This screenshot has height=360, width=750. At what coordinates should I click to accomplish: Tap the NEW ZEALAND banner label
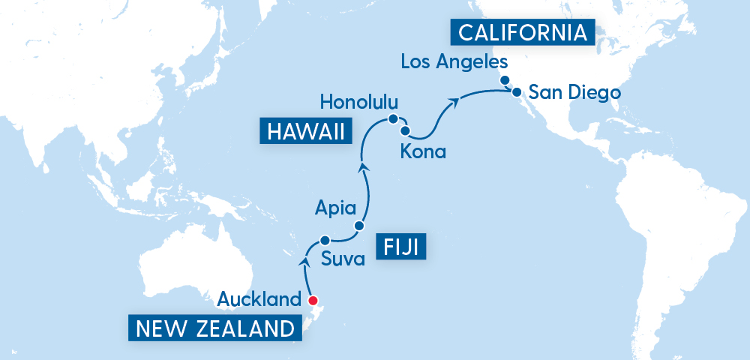point(214,328)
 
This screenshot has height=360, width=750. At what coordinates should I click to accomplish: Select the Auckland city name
point(259,301)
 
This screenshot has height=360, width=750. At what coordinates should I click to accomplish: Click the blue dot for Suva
point(325,241)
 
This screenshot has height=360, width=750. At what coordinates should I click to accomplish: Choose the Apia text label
point(331,208)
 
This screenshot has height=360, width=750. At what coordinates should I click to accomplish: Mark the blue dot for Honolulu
point(391,119)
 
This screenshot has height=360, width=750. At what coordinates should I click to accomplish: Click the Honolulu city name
point(358,101)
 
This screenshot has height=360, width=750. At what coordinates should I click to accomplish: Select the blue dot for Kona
point(405,130)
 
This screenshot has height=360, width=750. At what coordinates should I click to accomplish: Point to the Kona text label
point(423,152)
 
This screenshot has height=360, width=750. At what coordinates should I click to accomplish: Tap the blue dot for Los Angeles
point(505,80)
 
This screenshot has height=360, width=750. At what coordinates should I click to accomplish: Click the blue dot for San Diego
point(516,92)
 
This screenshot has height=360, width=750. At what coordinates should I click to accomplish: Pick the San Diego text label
point(574,93)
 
